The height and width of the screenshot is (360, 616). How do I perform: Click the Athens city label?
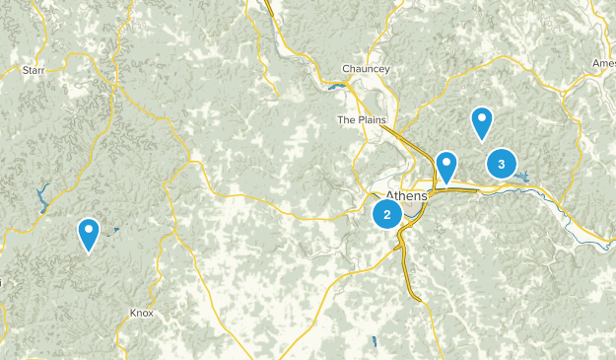coord(406,195)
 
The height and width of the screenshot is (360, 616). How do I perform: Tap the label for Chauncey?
coord(366,68)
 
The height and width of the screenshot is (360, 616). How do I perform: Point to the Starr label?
coord(34,70)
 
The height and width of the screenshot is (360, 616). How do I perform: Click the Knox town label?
coord(141,313)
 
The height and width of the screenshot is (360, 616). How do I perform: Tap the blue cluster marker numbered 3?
coord(502,164)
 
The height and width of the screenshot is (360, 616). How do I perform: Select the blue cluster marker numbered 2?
coord(387,214)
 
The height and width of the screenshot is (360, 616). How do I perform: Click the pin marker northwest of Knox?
coord(89,234)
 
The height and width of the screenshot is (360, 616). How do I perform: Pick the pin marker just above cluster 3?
coord(482,122)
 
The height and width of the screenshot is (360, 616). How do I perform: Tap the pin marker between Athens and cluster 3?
coord(446,167)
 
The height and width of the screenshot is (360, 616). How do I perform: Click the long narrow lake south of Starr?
coord(43,200)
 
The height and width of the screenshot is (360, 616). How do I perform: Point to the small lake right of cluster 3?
coord(522,178)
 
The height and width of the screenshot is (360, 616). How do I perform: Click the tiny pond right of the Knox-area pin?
coord(115,231)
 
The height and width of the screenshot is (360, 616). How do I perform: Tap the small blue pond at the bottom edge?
coord(375,342)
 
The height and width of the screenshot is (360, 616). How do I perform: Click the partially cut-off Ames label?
coord(603,63)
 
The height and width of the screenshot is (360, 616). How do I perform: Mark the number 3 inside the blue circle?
coord(502,164)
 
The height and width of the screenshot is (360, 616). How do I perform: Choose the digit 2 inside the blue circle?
coord(387,214)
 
